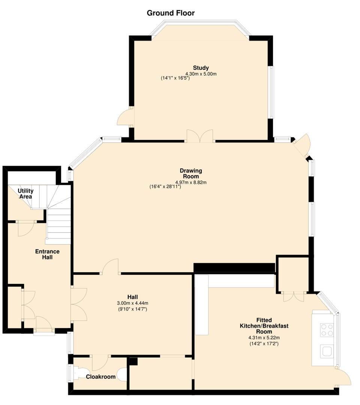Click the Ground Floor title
171,13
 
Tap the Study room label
201,68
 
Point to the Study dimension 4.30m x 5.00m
201,74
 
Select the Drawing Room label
191,173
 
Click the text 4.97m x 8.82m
191,182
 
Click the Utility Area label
25,193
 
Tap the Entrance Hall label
47,254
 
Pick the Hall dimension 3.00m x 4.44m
132,303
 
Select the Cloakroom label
101,377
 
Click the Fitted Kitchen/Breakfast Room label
264,326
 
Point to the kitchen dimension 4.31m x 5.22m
264,337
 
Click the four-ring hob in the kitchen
327,330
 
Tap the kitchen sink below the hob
327,351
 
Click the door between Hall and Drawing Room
111,267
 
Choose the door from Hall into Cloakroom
100,363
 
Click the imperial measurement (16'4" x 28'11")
165,186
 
